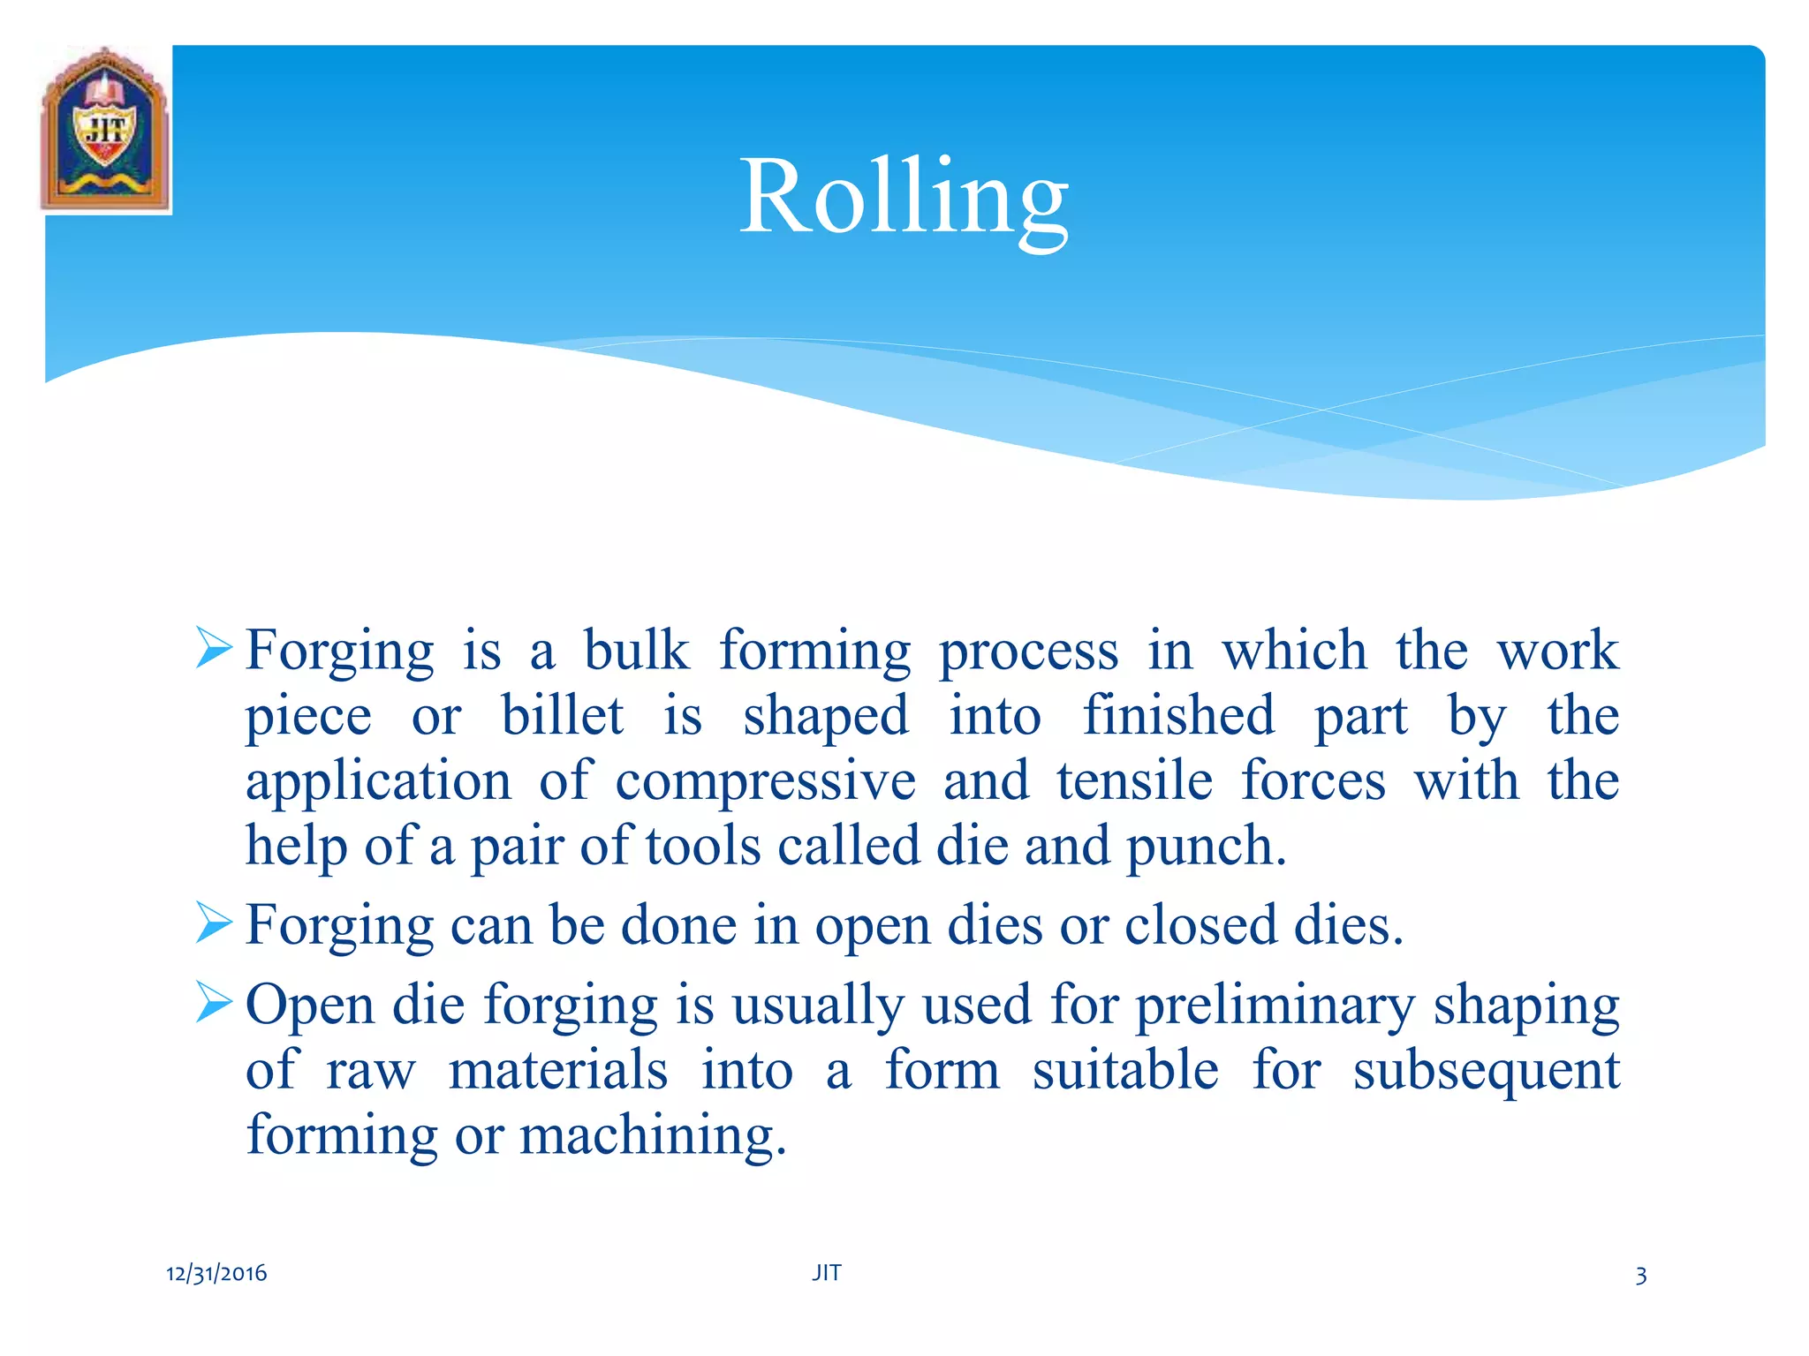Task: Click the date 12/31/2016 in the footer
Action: click(x=216, y=1273)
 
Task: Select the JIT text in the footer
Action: click(x=827, y=1272)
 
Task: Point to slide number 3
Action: click(x=1640, y=1276)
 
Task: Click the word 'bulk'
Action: click(x=636, y=651)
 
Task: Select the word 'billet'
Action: click(x=563, y=715)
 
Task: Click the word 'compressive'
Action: click(x=765, y=782)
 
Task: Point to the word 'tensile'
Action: click(x=1134, y=780)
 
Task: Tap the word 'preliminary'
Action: click(x=1275, y=1006)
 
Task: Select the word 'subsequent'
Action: click(x=1486, y=1072)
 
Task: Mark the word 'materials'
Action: click(x=558, y=1070)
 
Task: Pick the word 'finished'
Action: click(x=1178, y=715)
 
